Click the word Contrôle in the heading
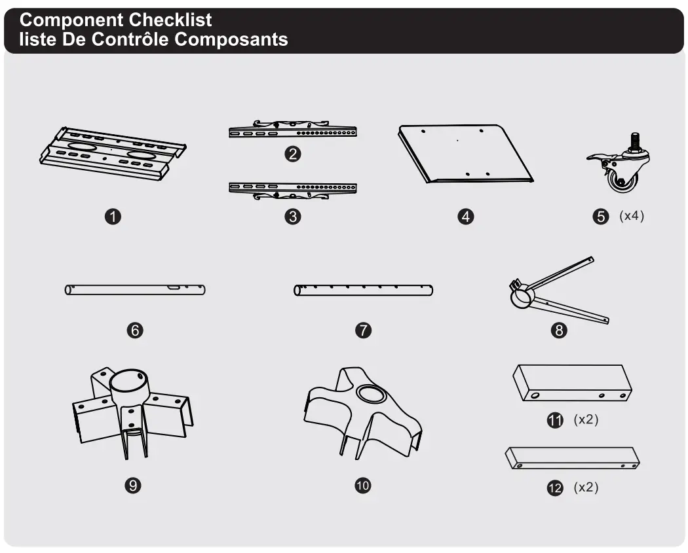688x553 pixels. (x=130, y=39)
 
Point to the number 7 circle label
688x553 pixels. (x=363, y=330)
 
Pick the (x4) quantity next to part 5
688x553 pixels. (x=632, y=216)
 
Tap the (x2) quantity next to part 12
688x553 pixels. (x=586, y=488)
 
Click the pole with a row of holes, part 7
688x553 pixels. (x=363, y=291)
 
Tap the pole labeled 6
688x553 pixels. (x=135, y=289)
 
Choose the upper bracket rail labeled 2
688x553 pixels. (x=293, y=130)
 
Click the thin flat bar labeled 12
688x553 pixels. (x=572, y=457)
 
